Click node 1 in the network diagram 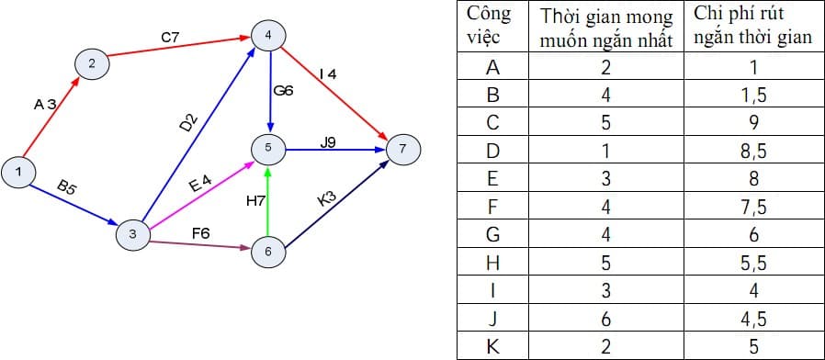point(18,171)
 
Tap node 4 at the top point(268,36)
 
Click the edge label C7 point(170,37)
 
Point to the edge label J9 point(329,141)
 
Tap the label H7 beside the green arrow point(255,199)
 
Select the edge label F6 point(200,233)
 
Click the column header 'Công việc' point(489,28)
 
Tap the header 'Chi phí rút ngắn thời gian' point(752,27)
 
